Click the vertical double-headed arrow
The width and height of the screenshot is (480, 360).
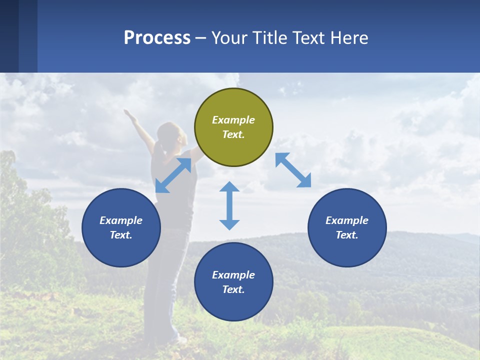tap(229, 205)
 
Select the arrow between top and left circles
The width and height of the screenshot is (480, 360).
tap(173, 175)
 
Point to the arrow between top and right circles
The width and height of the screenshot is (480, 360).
tap(293, 170)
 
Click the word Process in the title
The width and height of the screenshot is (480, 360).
tap(157, 37)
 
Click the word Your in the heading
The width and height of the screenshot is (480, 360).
tap(228, 37)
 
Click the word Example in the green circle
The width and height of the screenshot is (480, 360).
tap(233, 120)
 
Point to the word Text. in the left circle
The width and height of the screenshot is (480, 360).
tap(121, 235)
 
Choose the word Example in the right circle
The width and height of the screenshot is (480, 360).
tap(347, 220)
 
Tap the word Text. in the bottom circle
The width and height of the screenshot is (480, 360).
tap(233, 289)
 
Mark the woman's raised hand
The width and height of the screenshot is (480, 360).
tap(129, 113)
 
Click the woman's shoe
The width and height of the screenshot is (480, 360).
tap(179, 340)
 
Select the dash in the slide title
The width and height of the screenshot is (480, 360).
tap(201, 38)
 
